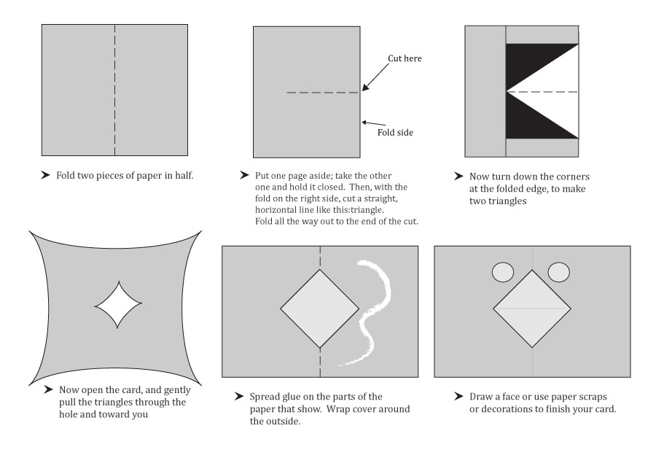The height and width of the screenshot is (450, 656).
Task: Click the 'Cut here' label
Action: (x=405, y=58)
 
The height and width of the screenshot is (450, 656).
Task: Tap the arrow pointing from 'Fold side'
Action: (x=374, y=124)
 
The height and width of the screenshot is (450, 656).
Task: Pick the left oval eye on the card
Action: (x=503, y=272)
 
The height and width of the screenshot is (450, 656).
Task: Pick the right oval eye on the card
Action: (x=558, y=272)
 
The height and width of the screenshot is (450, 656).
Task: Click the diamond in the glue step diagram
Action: (x=319, y=309)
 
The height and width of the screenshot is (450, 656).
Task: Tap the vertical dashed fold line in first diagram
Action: (x=114, y=90)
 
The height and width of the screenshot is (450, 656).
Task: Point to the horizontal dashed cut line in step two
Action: (x=323, y=93)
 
